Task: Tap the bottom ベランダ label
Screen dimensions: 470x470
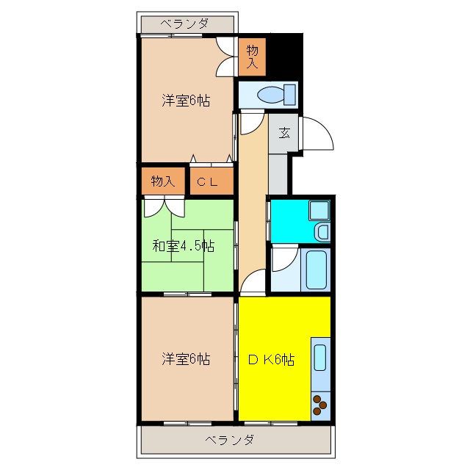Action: click(x=229, y=440)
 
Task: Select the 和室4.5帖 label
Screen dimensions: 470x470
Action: click(x=184, y=246)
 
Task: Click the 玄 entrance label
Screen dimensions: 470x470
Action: click(x=283, y=134)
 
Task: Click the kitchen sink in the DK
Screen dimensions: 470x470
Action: click(x=321, y=357)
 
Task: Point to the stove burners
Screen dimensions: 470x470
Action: click(x=321, y=403)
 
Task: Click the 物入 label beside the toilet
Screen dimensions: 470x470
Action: click(x=252, y=57)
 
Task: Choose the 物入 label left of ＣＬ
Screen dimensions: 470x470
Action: click(x=162, y=181)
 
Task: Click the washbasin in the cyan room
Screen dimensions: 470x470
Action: click(x=321, y=232)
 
